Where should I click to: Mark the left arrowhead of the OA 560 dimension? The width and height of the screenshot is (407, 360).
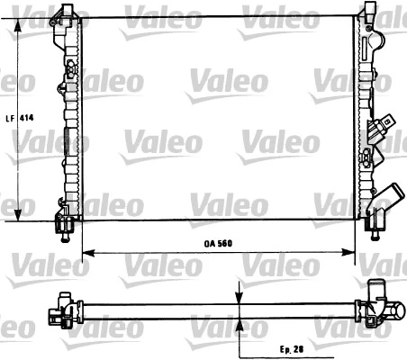pyautogui.click(x=87, y=250)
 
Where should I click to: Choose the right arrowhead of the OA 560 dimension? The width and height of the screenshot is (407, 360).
pyautogui.click(x=352, y=250)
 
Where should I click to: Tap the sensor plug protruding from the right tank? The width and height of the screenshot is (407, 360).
pyautogui.click(x=385, y=123)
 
